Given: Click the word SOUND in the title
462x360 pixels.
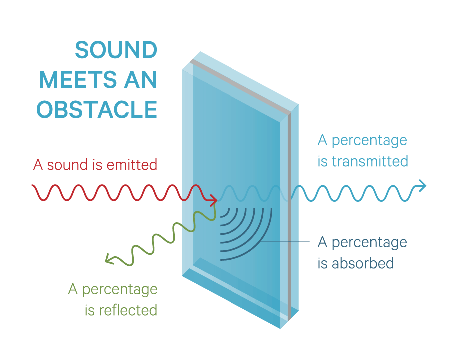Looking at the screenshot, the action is (x=116, y=50).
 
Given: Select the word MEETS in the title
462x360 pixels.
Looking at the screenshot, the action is (x=78, y=80).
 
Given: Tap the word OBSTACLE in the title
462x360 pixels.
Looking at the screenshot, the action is (x=97, y=110).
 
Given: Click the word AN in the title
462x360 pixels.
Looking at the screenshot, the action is (x=140, y=80).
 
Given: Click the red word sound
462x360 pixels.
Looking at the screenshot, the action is (x=67, y=165).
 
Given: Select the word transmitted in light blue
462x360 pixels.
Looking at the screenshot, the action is (x=370, y=162).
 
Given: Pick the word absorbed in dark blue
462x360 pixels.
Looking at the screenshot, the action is (x=363, y=263).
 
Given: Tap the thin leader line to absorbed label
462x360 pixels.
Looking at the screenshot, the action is (x=285, y=242).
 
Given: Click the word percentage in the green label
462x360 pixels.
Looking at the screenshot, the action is (x=120, y=290).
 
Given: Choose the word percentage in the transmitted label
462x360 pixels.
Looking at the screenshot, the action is (x=369, y=141).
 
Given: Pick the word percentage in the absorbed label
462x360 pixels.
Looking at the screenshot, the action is (x=369, y=243).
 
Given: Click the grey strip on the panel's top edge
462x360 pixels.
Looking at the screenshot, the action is (x=240, y=87).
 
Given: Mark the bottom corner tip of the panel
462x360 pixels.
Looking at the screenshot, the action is (x=280, y=328).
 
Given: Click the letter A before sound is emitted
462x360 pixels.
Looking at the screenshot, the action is (x=38, y=165).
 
